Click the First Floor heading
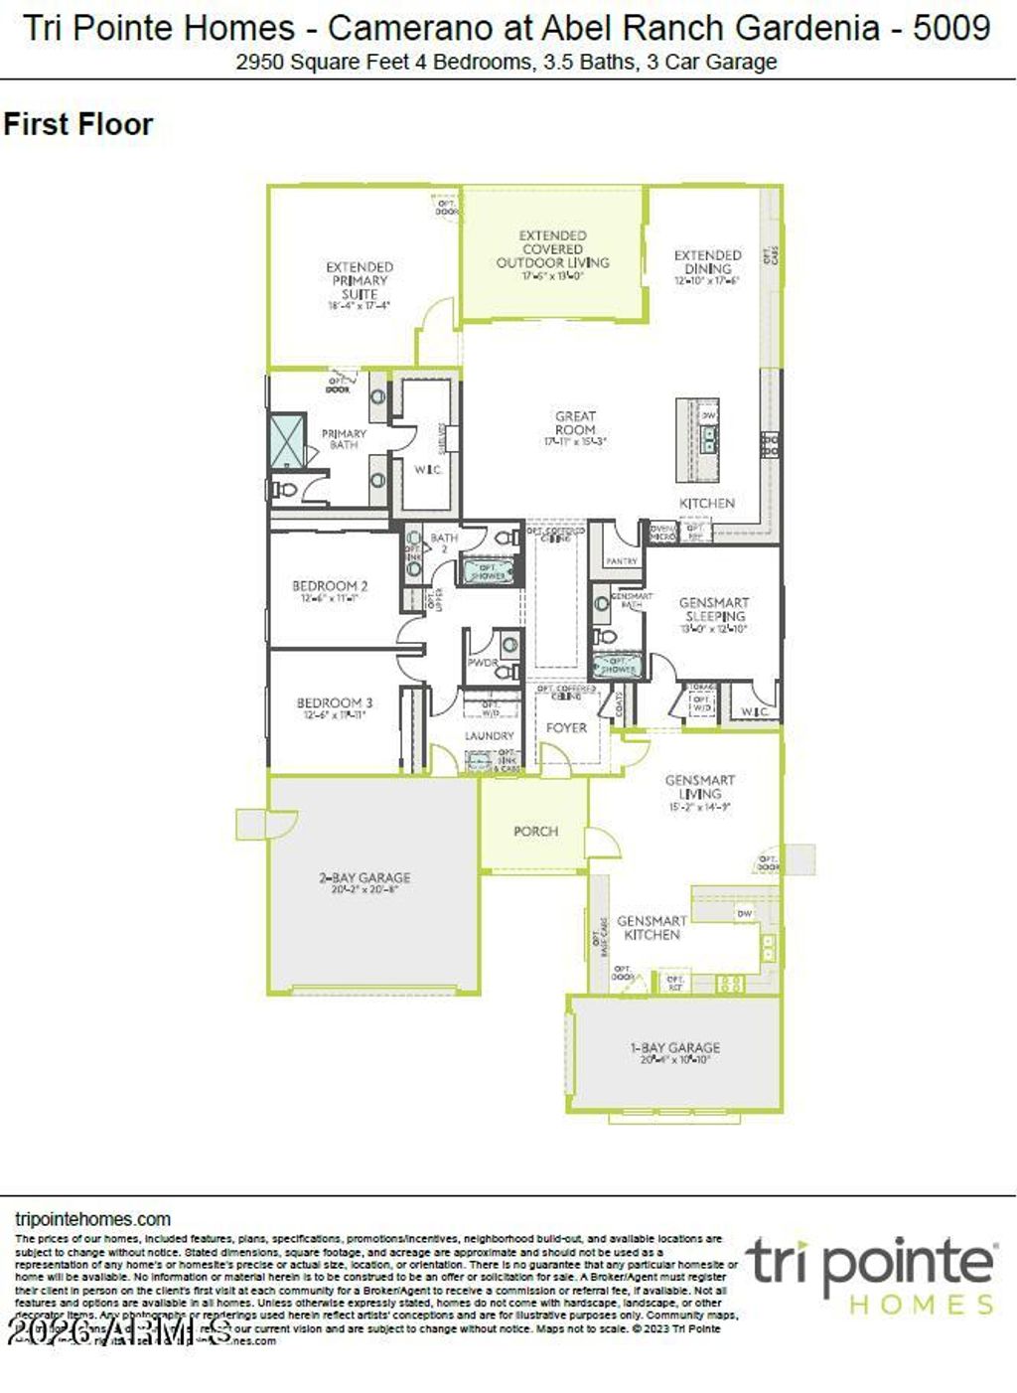(78, 125)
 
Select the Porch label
(535, 831)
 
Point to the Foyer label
(566, 727)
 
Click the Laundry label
(490, 736)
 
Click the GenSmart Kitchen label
(652, 927)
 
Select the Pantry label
(622, 561)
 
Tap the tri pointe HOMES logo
(871, 1275)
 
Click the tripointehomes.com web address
(93, 1219)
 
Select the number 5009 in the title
(950, 28)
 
